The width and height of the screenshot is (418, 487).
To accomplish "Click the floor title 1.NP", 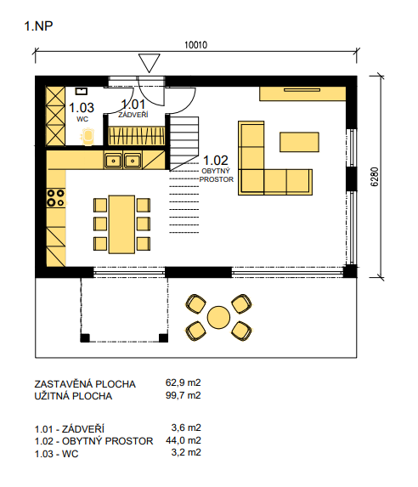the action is click(38, 26).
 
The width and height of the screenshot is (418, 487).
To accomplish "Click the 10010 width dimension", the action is click(195, 45).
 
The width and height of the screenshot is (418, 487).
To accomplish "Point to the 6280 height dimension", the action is click(375, 177).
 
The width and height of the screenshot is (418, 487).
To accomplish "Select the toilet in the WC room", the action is click(88, 136).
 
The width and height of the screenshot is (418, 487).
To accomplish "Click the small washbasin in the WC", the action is click(82, 91).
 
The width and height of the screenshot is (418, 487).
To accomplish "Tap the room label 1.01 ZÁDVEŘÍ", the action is click(133, 109).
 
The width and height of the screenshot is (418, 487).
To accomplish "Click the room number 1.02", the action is click(216, 161).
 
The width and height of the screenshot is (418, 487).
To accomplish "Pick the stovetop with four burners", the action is click(56, 198).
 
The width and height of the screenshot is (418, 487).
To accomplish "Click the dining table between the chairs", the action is click(121, 224).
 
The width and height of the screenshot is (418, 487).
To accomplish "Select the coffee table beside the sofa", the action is click(299, 142).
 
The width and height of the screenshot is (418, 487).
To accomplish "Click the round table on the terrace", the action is click(218, 317).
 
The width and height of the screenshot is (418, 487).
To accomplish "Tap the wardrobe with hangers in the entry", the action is click(136, 136).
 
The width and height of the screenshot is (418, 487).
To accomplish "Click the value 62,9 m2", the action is click(184, 382).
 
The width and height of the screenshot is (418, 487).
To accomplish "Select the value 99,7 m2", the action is click(184, 395).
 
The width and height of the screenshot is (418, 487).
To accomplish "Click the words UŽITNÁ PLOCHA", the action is click(73, 396).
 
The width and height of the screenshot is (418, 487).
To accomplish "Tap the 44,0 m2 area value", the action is click(184, 440).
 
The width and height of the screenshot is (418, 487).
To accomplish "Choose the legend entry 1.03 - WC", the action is click(57, 454).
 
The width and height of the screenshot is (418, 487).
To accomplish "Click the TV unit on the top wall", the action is click(302, 93).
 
